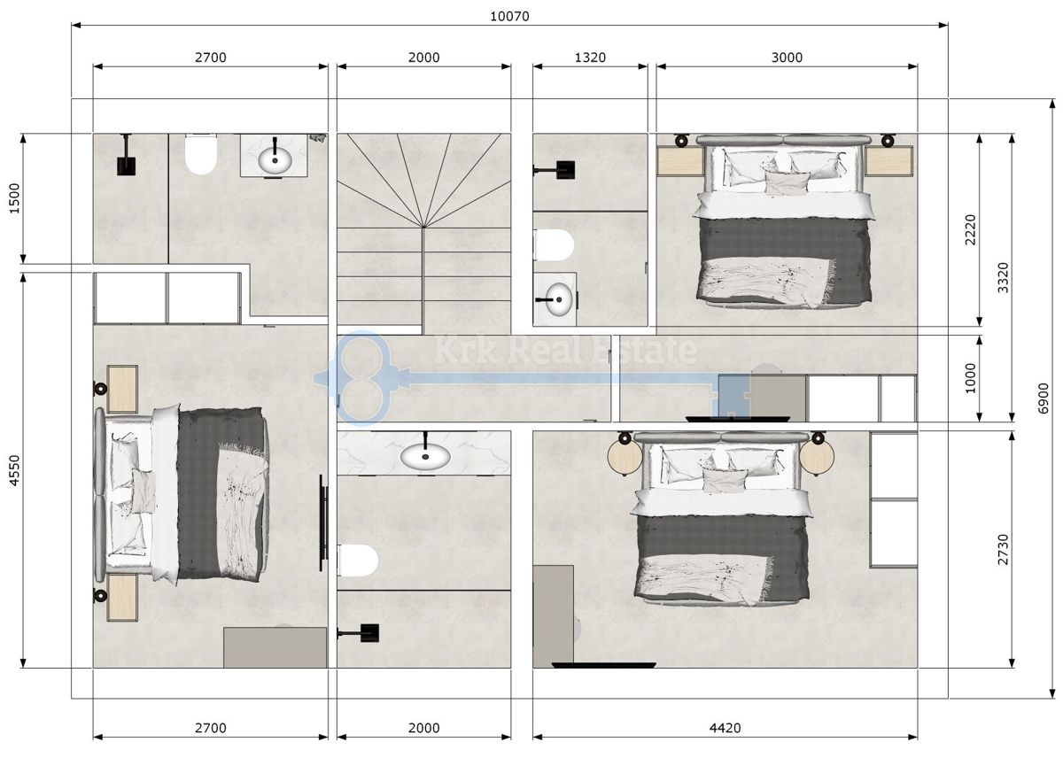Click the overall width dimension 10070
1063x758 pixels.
[x=510, y=16]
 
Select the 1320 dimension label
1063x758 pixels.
[x=590, y=58]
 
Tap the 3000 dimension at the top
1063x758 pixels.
[x=787, y=58]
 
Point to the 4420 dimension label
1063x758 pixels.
[x=725, y=728]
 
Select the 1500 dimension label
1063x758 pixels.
[x=12, y=198]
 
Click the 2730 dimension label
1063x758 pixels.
[x=1003, y=548]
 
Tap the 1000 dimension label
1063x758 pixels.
[x=970, y=378]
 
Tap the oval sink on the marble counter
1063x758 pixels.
[x=424, y=456]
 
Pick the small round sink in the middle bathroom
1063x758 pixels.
[x=556, y=297]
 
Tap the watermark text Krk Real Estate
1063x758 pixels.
[x=563, y=350]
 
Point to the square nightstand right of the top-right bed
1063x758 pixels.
[x=888, y=161]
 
